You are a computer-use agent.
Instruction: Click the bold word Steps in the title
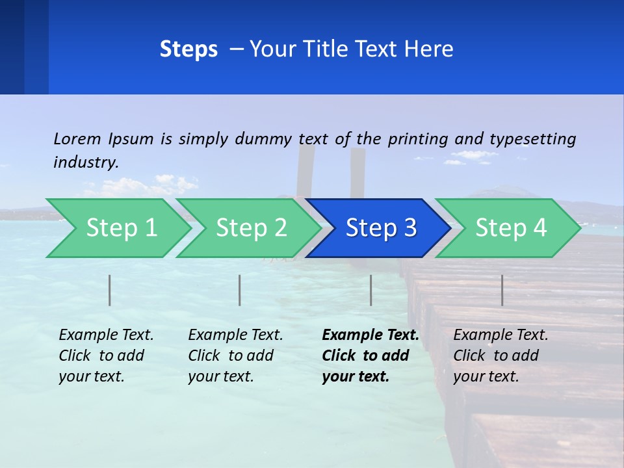pos(188,49)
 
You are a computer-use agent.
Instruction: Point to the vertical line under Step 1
pos(110,290)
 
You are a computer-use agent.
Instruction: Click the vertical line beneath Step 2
pos(240,290)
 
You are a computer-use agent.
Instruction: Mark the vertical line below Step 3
pos(371,290)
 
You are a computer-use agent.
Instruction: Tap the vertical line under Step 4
pos(502,290)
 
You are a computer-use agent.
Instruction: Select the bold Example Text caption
pos(370,356)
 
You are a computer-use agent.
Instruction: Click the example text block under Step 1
pos(106,356)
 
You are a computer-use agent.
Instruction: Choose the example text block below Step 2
pos(235,356)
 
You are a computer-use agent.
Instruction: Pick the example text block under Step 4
pos(500,356)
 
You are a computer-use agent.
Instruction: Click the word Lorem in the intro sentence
pos(77,138)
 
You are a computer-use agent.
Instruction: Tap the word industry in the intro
pos(86,162)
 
